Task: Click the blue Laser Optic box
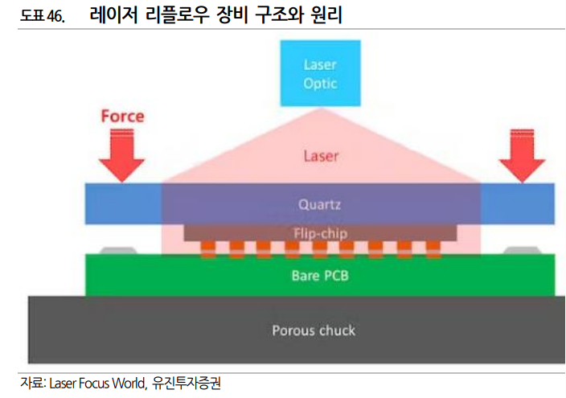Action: (x=319, y=73)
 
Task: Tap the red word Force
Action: (x=122, y=116)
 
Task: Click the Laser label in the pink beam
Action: (x=320, y=156)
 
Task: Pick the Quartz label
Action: (x=320, y=204)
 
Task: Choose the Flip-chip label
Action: (x=320, y=232)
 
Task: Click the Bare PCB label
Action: (x=320, y=276)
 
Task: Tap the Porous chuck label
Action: (x=314, y=330)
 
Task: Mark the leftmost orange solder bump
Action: (x=209, y=248)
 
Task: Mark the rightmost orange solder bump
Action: (x=433, y=248)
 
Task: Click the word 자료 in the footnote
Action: (x=31, y=384)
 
